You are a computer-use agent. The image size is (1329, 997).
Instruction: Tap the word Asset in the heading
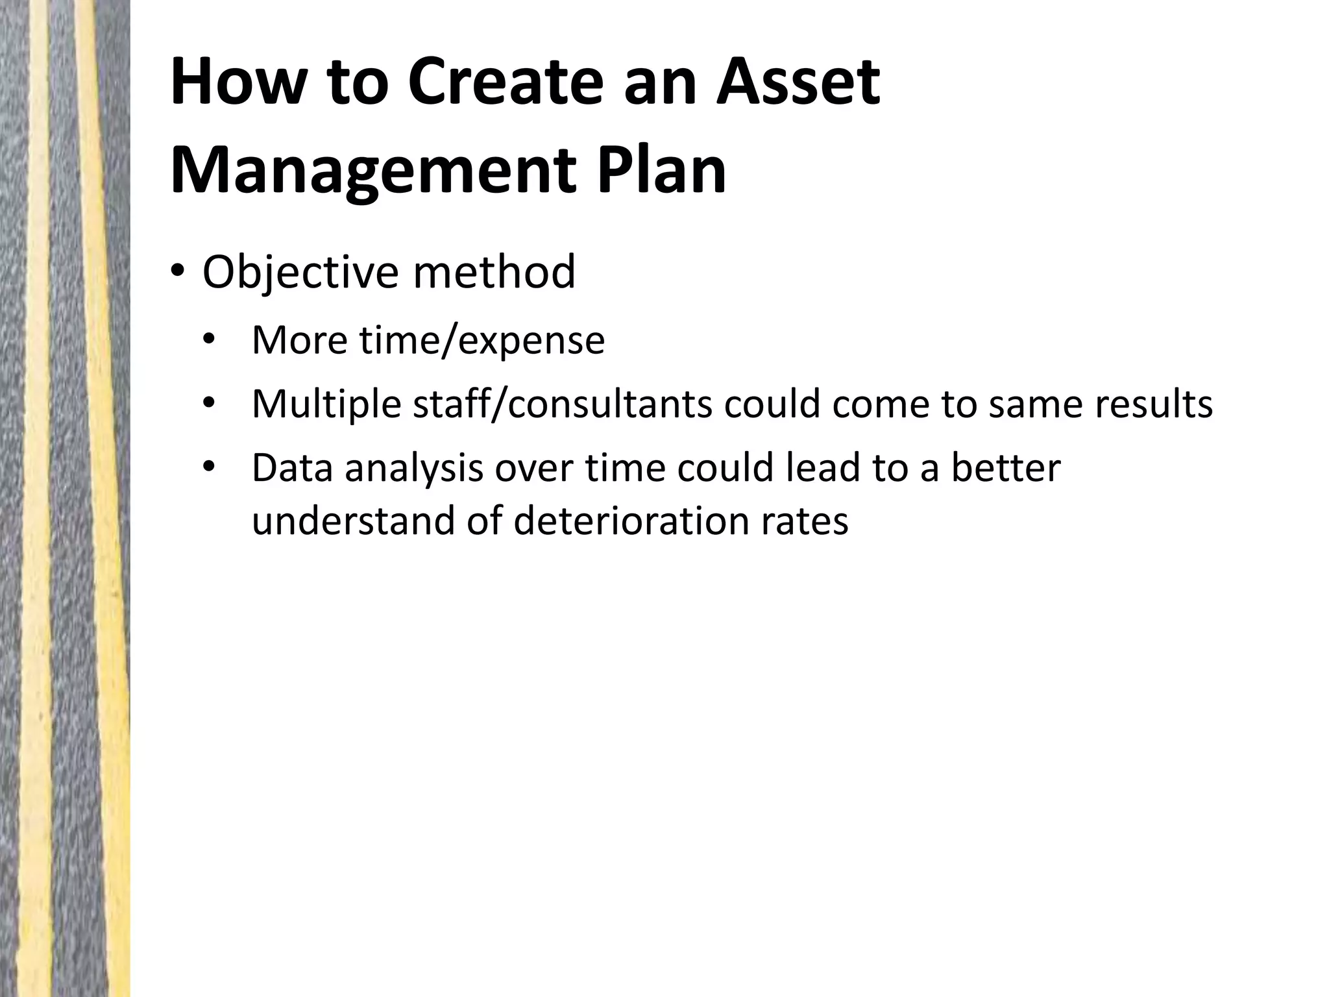tap(798, 82)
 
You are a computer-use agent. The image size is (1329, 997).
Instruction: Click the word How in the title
tap(233, 82)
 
